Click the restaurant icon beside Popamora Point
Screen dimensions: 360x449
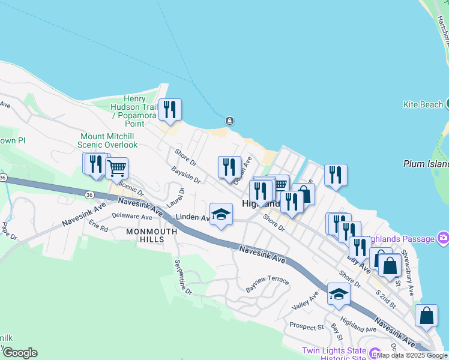coord(170,110)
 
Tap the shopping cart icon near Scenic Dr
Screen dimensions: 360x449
coord(116,168)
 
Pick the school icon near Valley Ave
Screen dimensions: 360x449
coord(339,294)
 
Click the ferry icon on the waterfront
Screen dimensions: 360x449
coord(229,121)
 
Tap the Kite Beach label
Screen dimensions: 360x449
coord(423,104)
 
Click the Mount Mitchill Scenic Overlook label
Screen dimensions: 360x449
coord(109,140)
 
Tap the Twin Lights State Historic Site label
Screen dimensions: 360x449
coord(333,354)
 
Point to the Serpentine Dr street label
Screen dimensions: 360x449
coord(182,277)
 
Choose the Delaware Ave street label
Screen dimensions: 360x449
coord(132,216)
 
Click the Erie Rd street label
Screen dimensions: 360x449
coord(98,227)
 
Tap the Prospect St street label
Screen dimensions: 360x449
coord(306,326)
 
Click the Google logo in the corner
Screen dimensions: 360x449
coord(20,353)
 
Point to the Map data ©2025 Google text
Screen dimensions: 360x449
coord(412,355)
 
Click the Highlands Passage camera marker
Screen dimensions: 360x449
coord(444,238)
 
